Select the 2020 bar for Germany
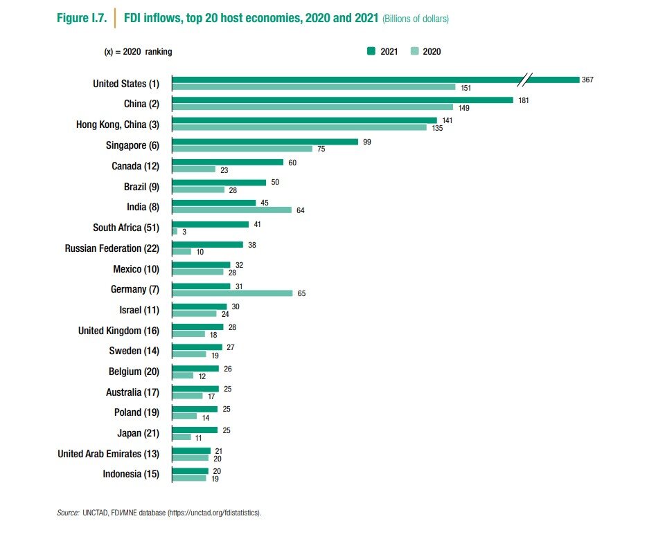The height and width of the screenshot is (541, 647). click(x=232, y=293)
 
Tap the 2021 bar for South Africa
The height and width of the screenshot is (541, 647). click(x=210, y=224)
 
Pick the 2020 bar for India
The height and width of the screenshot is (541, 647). click(x=231, y=210)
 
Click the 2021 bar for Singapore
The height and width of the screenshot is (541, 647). click(x=265, y=142)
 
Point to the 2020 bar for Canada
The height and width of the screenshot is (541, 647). click(x=193, y=169)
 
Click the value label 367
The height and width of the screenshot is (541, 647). click(x=587, y=80)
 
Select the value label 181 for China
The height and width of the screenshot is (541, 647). click(x=524, y=100)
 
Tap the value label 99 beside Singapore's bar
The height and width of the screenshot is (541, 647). click(x=367, y=142)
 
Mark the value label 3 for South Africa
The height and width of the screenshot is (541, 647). click(x=184, y=232)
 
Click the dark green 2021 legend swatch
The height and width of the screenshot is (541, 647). click(x=371, y=51)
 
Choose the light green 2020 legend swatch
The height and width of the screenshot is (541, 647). click(x=414, y=51)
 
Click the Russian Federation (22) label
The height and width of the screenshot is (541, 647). click(x=112, y=248)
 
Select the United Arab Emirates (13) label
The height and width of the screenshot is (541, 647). click(x=108, y=454)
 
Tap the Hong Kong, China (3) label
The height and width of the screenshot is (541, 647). click(x=117, y=125)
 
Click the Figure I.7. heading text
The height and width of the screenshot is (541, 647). click(x=81, y=19)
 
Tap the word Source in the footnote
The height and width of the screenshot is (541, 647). click(x=67, y=513)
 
